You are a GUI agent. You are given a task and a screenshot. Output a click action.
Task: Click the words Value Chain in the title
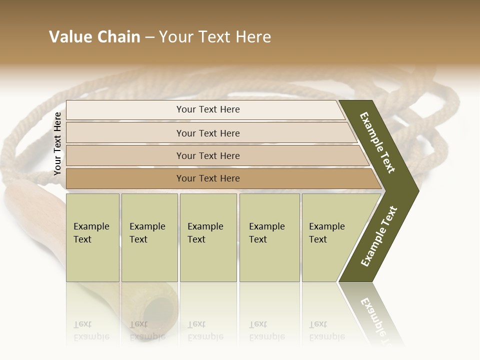click(x=94, y=37)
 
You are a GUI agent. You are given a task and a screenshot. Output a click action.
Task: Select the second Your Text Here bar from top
click(x=208, y=133)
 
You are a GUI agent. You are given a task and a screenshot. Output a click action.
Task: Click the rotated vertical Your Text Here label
click(x=57, y=143)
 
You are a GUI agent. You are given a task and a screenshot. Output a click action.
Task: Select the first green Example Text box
click(x=92, y=237)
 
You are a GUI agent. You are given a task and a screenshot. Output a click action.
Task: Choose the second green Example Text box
click(x=149, y=237)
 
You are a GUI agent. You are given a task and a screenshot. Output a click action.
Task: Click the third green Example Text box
click(x=208, y=237)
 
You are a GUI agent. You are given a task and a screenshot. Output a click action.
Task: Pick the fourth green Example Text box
click(x=269, y=237)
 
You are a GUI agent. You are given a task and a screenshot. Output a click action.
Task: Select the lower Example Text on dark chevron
click(x=379, y=236)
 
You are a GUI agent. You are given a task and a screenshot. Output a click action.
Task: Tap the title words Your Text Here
click(x=215, y=37)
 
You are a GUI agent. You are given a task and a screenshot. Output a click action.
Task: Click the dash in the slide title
click(x=149, y=37)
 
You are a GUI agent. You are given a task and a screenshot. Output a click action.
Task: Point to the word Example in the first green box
click(x=91, y=226)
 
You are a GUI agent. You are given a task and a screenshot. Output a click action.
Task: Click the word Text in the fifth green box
click(x=318, y=239)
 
